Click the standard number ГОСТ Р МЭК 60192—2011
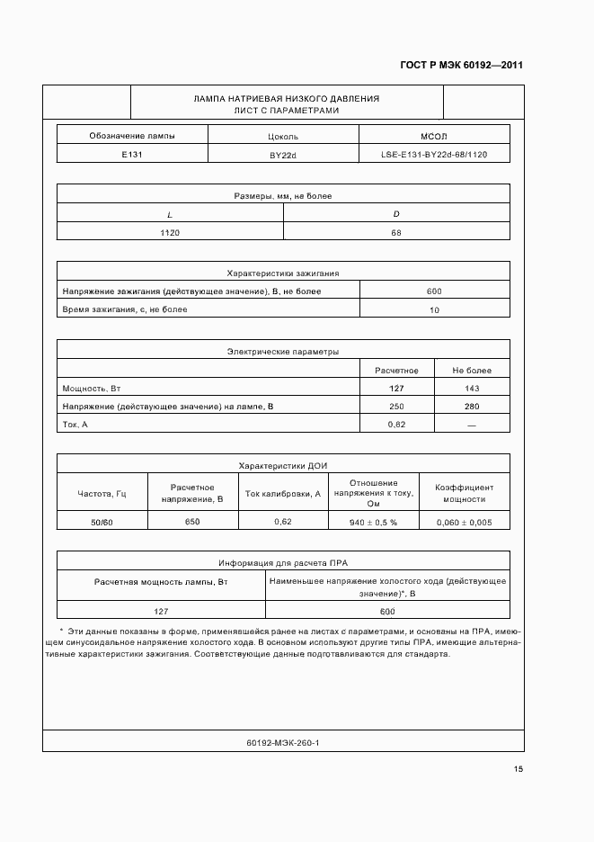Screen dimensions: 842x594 pyautogui.click(x=461, y=66)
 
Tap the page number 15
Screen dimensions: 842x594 pyautogui.click(x=519, y=769)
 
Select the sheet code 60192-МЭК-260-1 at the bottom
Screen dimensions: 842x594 pyautogui.click(x=283, y=743)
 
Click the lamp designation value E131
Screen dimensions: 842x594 pyautogui.click(x=132, y=154)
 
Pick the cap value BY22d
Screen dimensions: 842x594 pyautogui.click(x=283, y=155)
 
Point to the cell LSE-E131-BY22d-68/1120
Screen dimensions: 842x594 pyautogui.click(x=434, y=155)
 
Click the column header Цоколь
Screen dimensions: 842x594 pyautogui.click(x=283, y=137)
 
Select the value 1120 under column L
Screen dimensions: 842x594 pyautogui.click(x=170, y=232)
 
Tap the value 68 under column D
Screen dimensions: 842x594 pyautogui.click(x=396, y=232)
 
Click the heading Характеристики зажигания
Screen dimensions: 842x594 pyautogui.click(x=283, y=273)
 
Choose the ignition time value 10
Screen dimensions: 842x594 pyautogui.click(x=434, y=310)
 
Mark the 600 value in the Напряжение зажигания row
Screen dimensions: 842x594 pyautogui.click(x=434, y=291)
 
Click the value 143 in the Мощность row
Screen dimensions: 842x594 pyautogui.click(x=472, y=389)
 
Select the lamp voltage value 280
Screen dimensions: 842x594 pyautogui.click(x=472, y=407)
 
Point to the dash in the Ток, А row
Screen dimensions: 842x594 pyautogui.click(x=472, y=425)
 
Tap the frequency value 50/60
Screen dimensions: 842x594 pyautogui.click(x=102, y=522)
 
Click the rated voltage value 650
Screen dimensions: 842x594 pyautogui.click(x=192, y=522)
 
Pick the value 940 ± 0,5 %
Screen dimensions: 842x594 pyautogui.click(x=373, y=523)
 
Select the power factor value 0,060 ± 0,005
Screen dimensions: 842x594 pyautogui.click(x=464, y=523)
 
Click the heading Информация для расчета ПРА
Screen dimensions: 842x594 pyautogui.click(x=283, y=563)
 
